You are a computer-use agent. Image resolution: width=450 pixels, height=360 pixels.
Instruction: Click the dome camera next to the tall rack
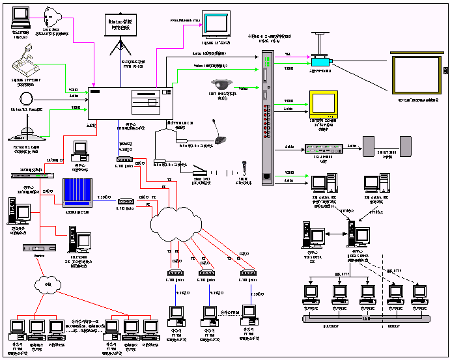220,85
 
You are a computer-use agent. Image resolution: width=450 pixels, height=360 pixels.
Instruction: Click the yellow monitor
324,104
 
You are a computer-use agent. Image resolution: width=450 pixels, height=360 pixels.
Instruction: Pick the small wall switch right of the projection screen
445,70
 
